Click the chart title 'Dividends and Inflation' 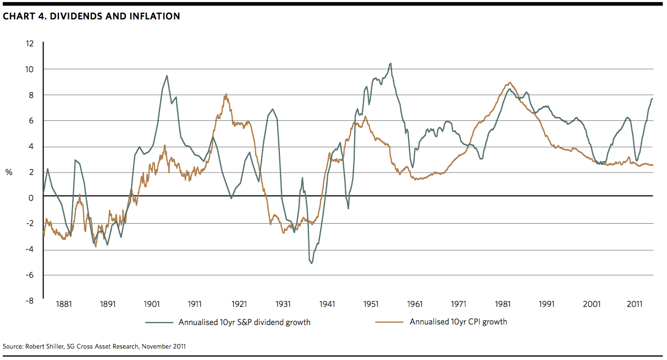[91, 16]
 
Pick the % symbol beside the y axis [9, 172]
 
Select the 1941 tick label [327, 304]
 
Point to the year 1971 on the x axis [459, 304]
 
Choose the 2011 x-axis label [635, 304]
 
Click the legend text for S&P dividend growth [244, 323]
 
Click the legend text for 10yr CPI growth [458, 322]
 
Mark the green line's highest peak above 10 [390, 63]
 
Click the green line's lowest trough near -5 [312, 263]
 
